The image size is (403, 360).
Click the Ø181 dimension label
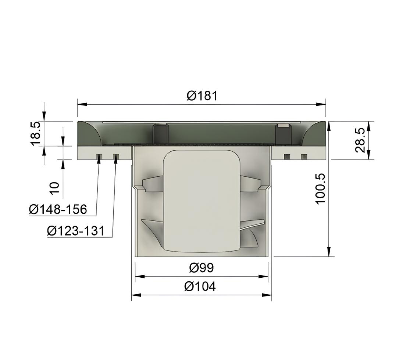click(202, 96)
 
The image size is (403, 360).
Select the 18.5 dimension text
click(35, 133)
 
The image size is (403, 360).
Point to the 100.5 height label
click(321, 189)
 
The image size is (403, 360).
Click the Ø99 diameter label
click(201, 268)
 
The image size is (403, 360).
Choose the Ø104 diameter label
click(200, 287)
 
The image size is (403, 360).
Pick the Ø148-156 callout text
click(58, 209)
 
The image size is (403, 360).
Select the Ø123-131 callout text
click(76, 231)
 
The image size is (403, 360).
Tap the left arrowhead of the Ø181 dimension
click(82, 104)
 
